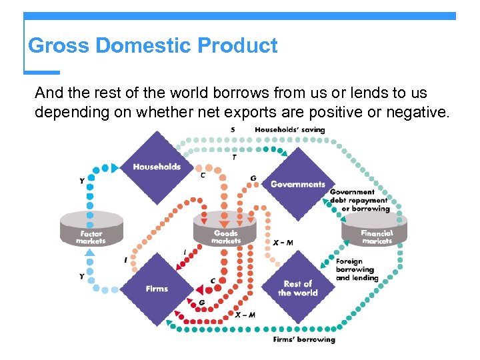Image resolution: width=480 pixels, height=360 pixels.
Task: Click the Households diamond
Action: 157,167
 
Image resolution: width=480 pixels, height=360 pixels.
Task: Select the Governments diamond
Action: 297,184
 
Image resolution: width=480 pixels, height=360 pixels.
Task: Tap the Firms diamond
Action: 157,289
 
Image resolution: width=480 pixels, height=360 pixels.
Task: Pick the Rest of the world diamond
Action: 297,288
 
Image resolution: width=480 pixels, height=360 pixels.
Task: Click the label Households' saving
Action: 290,129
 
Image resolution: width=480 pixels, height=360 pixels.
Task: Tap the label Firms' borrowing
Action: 304,339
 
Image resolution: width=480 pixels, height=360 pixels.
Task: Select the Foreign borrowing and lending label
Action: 357,269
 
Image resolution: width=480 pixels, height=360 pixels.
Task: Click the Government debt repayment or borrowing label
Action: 359,200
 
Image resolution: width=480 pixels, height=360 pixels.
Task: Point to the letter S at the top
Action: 233,129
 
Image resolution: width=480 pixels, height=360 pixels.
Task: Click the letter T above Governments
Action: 233,157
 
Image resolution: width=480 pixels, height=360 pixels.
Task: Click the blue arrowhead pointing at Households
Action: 115,167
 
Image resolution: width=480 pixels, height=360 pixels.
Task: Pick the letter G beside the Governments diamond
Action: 253,178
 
